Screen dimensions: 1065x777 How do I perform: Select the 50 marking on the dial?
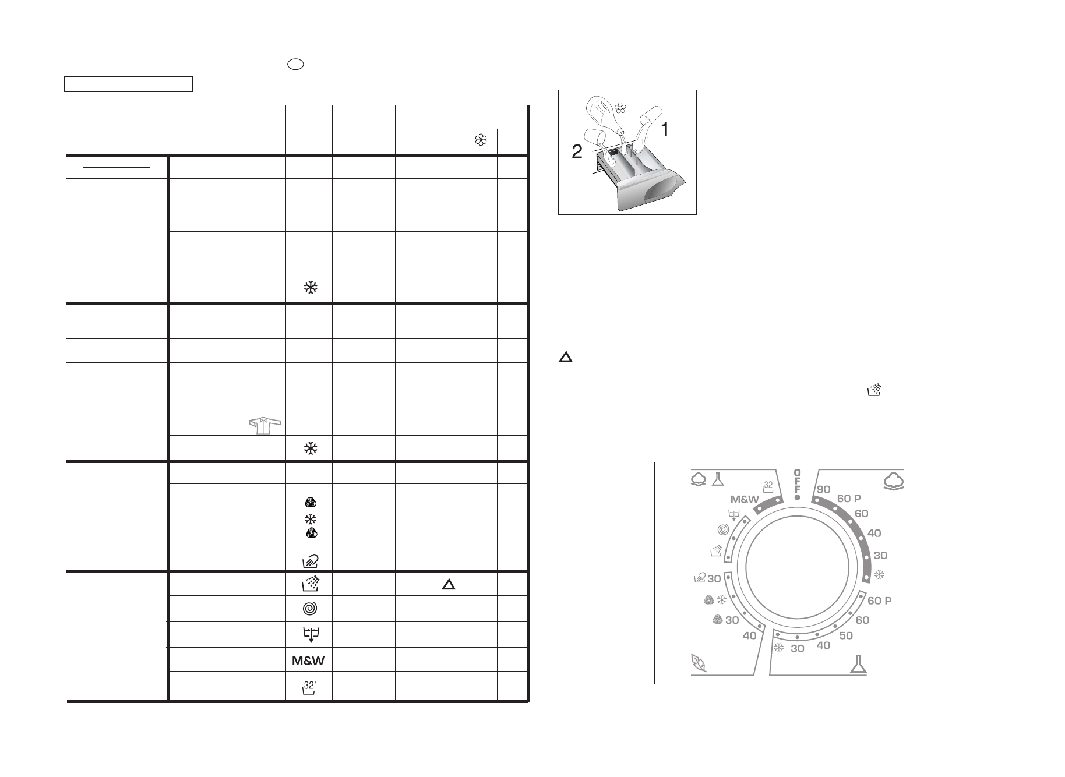(x=846, y=635)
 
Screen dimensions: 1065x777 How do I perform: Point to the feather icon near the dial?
(x=698, y=663)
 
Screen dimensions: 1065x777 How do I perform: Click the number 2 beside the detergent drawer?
(x=576, y=153)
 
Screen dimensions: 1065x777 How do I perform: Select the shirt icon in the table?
(x=265, y=425)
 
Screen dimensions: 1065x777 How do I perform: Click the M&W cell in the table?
(x=308, y=661)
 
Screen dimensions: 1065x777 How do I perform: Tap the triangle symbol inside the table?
(x=447, y=585)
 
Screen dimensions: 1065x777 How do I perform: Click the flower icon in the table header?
(x=481, y=140)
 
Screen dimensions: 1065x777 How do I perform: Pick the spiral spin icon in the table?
(x=311, y=608)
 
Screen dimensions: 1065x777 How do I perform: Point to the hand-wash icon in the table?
(x=311, y=560)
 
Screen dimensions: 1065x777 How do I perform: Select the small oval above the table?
(x=295, y=64)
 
